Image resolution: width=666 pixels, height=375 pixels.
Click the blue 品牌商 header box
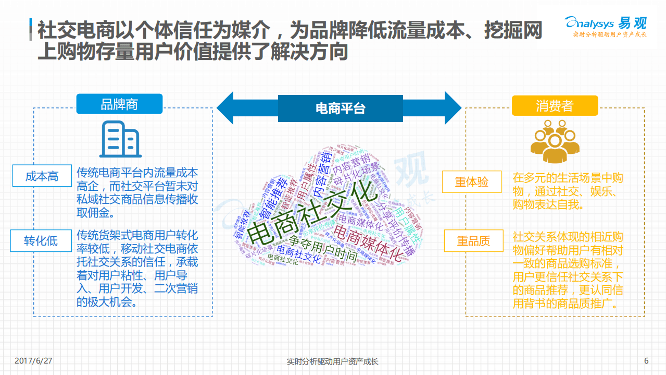(119, 104)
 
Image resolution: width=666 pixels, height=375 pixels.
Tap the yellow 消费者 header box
(555, 106)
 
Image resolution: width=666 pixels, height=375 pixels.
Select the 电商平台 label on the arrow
(340, 108)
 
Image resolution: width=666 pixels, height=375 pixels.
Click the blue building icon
(120, 139)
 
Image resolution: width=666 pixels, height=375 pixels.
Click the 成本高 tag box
(42, 176)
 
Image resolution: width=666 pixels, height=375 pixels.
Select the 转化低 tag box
(41, 241)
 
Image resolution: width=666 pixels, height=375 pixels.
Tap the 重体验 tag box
(472, 182)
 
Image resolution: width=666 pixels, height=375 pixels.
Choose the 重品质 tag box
(473, 241)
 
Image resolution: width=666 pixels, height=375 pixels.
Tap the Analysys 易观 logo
(606, 23)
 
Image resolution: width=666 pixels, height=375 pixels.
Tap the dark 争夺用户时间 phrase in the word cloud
(323, 249)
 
